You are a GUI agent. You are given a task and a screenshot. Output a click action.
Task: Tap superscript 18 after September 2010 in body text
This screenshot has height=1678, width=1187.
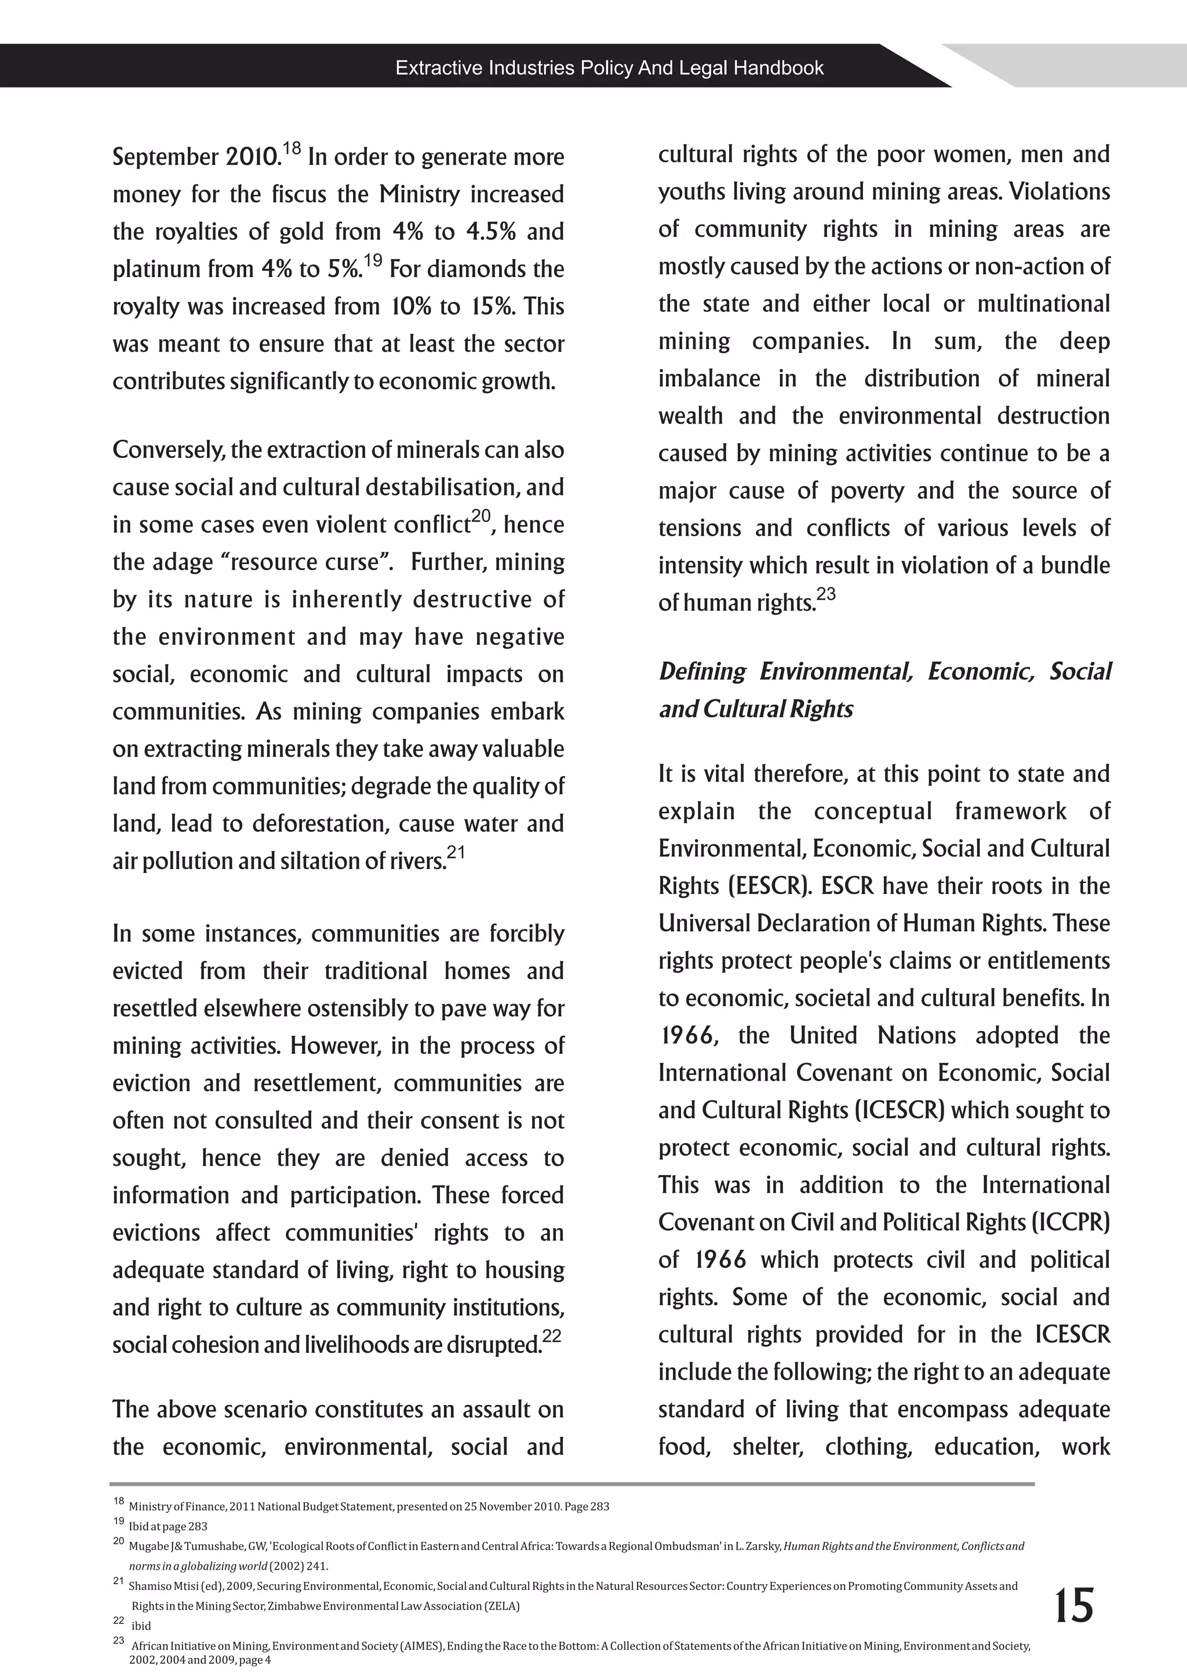pos(291,148)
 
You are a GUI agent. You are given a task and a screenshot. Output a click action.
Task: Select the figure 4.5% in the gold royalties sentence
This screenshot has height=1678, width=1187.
pos(491,232)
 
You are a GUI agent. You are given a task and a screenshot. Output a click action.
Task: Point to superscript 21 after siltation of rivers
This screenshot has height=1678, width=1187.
pos(456,852)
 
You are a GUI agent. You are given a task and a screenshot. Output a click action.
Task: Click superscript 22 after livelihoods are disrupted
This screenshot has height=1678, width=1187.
pos(552,1336)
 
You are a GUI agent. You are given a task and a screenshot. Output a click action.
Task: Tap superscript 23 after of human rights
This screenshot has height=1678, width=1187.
pos(825,594)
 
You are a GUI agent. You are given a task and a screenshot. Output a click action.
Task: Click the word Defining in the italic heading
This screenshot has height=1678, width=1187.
pos(702,671)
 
